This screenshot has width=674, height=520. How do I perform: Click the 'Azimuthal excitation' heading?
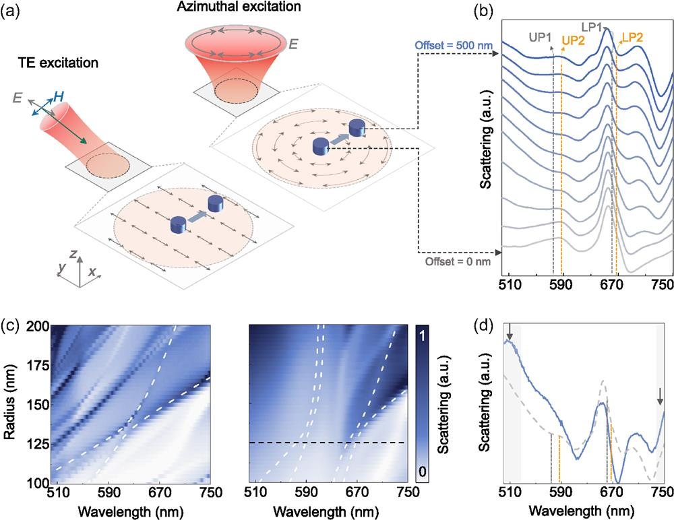[x=239, y=7]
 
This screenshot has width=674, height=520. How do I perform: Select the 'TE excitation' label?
[x=58, y=63]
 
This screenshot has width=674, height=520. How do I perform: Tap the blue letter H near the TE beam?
[x=59, y=97]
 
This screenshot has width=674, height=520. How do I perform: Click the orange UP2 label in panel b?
[x=574, y=41]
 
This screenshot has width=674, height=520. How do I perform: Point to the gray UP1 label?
[x=540, y=38]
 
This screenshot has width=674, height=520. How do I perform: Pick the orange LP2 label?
[x=632, y=38]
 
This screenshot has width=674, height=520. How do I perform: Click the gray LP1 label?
[x=592, y=28]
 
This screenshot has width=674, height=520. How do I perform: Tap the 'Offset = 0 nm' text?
[x=458, y=261]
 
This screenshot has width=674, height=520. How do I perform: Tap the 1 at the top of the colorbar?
[x=422, y=335]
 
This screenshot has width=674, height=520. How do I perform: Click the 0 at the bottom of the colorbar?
[x=422, y=472]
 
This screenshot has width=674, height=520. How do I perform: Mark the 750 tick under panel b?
[x=662, y=285]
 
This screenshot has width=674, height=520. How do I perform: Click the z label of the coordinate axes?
[x=73, y=254]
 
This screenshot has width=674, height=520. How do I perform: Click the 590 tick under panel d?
[x=560, y=493]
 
